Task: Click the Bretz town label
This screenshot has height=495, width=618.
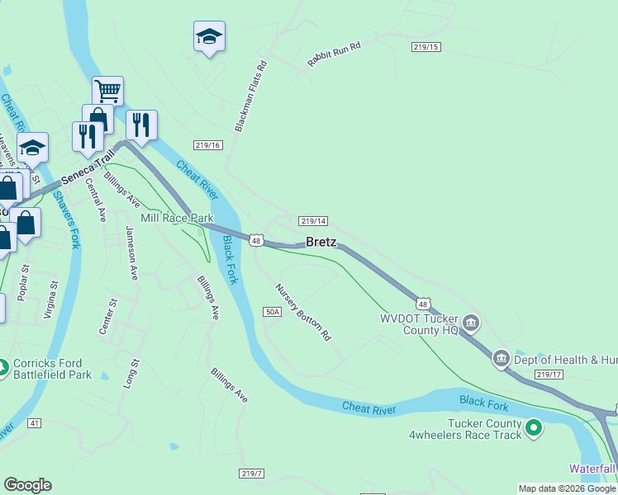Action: pyautogui.click(x=321, y=242)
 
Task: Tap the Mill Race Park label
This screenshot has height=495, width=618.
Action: pyautogui.click(x=177, y=218)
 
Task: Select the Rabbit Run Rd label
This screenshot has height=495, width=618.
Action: pyautogui.click(x=335, y=54)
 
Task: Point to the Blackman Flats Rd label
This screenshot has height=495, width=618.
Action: pyautogui.click(x=252, y=96)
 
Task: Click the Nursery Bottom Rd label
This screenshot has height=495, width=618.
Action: pyautogui.click(x=303, y=313)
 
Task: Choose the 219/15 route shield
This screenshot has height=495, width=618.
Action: pyautogui.click(x=425, y=47)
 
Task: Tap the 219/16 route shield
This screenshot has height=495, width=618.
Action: pyautogui.click(x=208, y=145)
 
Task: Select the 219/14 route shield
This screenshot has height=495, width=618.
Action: pyautogui.click(x=314, y=221)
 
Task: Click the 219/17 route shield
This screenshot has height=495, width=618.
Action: pyautogui.click(x=548, y=375)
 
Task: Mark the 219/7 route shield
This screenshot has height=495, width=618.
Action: pyautogui.click(x=252, y=473)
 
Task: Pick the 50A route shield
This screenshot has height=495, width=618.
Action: pyautogui.click(x=273, y=312)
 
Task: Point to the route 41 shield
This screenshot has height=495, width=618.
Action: pyautogui.click(x=34, y=423)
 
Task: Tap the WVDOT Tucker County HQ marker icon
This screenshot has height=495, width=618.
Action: pyautogui.click(x=471, y=321)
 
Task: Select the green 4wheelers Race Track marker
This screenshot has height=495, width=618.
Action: pyautogui.click(x=534, y=427)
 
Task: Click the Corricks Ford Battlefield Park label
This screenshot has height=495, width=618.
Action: pyautogui.click(x=52, y=368)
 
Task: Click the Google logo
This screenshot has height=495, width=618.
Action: pyautogui.click(x=27, y=485)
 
